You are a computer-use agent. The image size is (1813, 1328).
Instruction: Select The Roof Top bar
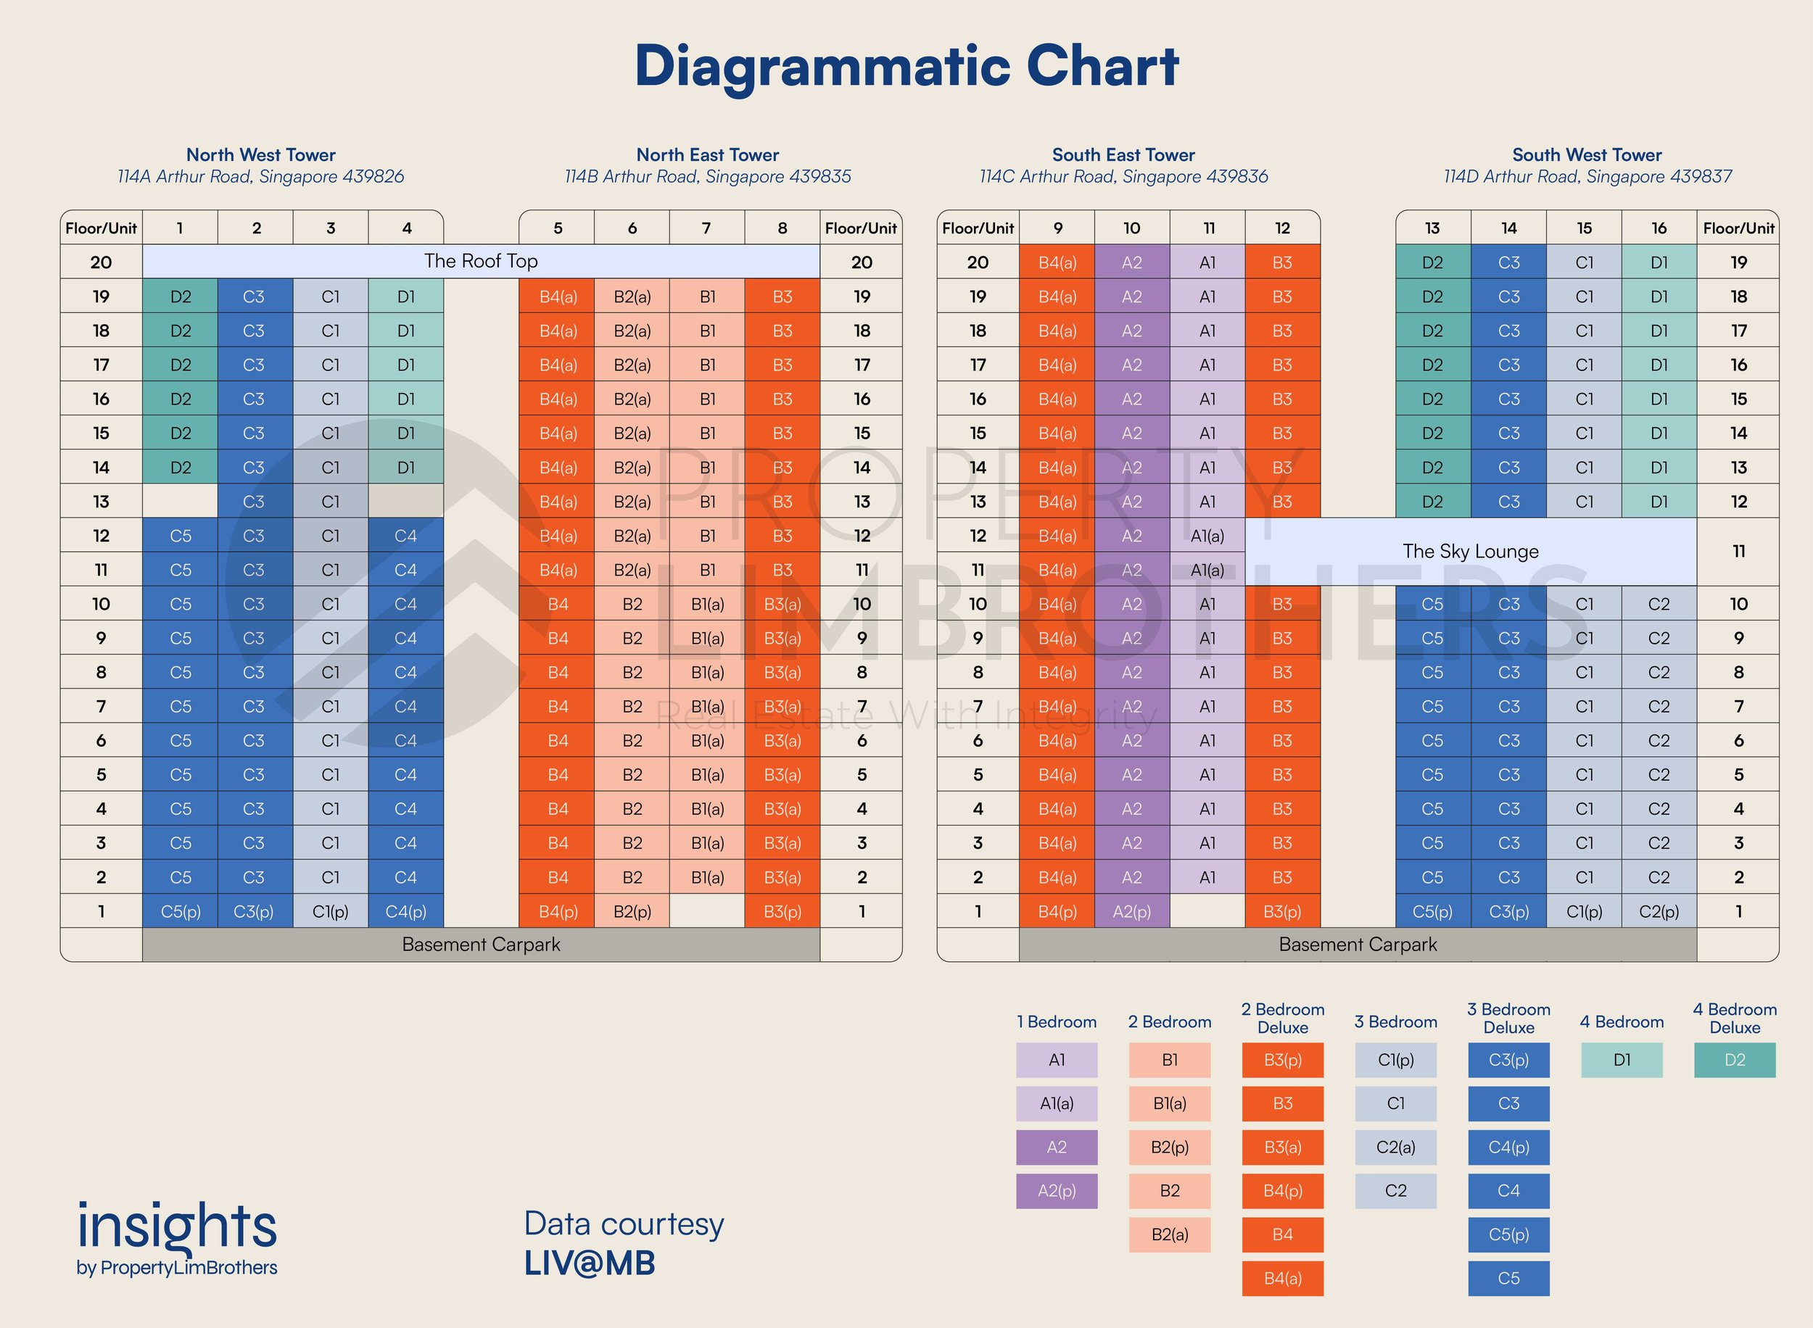point(481,261)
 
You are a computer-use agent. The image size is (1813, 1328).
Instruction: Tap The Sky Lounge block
point(1471,552)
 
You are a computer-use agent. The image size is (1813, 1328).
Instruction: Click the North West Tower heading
point(260,154)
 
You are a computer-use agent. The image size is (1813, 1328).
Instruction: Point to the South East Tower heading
point(1123,154)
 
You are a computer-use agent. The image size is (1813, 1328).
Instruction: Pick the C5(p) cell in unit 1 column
point(180,912)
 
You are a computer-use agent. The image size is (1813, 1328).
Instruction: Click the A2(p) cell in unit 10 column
point(1131,912)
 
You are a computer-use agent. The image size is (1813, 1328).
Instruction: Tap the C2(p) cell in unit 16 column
point(1659,912)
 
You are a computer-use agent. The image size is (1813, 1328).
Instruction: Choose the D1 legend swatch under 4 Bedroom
point(1622,1061)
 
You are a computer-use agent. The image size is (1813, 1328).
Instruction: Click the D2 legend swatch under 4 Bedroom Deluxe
point(1734,1061)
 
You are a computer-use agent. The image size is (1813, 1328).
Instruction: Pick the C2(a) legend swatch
point(1396,1147)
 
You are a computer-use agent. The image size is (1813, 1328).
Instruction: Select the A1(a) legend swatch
point(1057,1104)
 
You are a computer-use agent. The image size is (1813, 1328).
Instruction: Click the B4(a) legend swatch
point(1282,1278)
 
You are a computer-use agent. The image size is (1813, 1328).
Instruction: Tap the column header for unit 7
point(707,228)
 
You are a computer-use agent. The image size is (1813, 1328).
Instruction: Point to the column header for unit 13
point(1433,228)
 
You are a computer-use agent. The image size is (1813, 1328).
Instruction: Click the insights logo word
point(177,1227)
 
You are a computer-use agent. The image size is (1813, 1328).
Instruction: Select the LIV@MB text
point(590,1263)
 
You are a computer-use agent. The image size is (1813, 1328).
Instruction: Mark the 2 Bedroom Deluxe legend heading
point(1282,1018)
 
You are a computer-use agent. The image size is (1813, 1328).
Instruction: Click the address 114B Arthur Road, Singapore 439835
point(708,177)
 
